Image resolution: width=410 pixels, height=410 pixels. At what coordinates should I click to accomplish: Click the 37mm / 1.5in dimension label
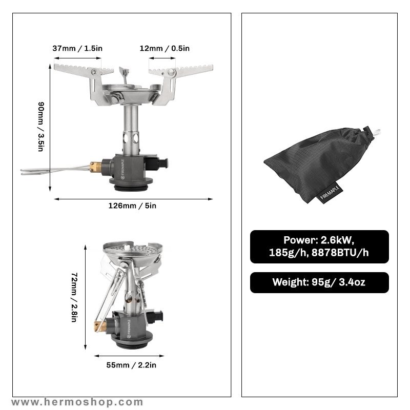click(77, 48)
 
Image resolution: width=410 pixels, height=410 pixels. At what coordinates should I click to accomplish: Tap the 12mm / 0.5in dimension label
click(165, 48)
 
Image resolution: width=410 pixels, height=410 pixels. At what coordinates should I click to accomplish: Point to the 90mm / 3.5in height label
click(41, 127)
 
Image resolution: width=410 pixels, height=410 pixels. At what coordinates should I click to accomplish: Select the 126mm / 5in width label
click(132, 206)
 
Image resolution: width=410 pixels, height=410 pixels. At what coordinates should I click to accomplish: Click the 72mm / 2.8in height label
click(74, 297)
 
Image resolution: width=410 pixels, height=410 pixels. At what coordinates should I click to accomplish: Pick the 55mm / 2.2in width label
click(131, 365)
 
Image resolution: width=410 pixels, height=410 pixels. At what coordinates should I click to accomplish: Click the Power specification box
click(319, 247)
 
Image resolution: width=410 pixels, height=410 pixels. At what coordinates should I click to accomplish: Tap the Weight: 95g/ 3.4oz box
click(319, 282)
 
